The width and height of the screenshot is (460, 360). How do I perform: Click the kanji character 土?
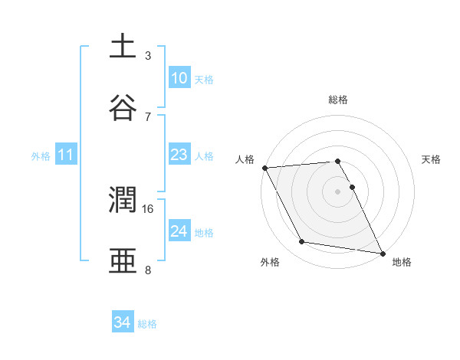tap(123, 47)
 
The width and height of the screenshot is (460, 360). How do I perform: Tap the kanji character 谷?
tap(123, 108)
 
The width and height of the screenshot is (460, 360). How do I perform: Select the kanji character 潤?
tap(123, 201)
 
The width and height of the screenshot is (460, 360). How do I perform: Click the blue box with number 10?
tap(179, 78)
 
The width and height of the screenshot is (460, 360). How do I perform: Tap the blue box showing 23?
tap(179, 155)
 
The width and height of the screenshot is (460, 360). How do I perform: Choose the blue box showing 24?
tap(179, 232)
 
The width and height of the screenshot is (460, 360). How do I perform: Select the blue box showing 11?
tap(66, 155)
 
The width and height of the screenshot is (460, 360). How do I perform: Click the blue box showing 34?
tap(123, 323)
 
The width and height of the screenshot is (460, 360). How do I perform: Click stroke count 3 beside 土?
tap(148, 55)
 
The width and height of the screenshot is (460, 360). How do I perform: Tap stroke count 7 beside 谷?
tap(148, 116)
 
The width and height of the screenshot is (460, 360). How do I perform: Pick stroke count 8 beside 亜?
tap(148, 270)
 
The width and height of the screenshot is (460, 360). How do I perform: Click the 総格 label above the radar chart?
tap(338, 100)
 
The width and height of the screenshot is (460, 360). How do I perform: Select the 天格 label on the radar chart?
tap(432, 159)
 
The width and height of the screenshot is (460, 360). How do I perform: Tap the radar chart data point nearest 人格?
tap(264, 168)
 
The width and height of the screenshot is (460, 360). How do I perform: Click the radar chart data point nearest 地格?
tap(382, 252)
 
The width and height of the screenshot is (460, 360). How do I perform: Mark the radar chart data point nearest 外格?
tap(302, 242)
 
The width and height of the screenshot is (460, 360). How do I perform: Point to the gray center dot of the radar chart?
tap(338, 191)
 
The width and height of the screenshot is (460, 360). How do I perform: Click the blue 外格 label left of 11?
tap(41, 156)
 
